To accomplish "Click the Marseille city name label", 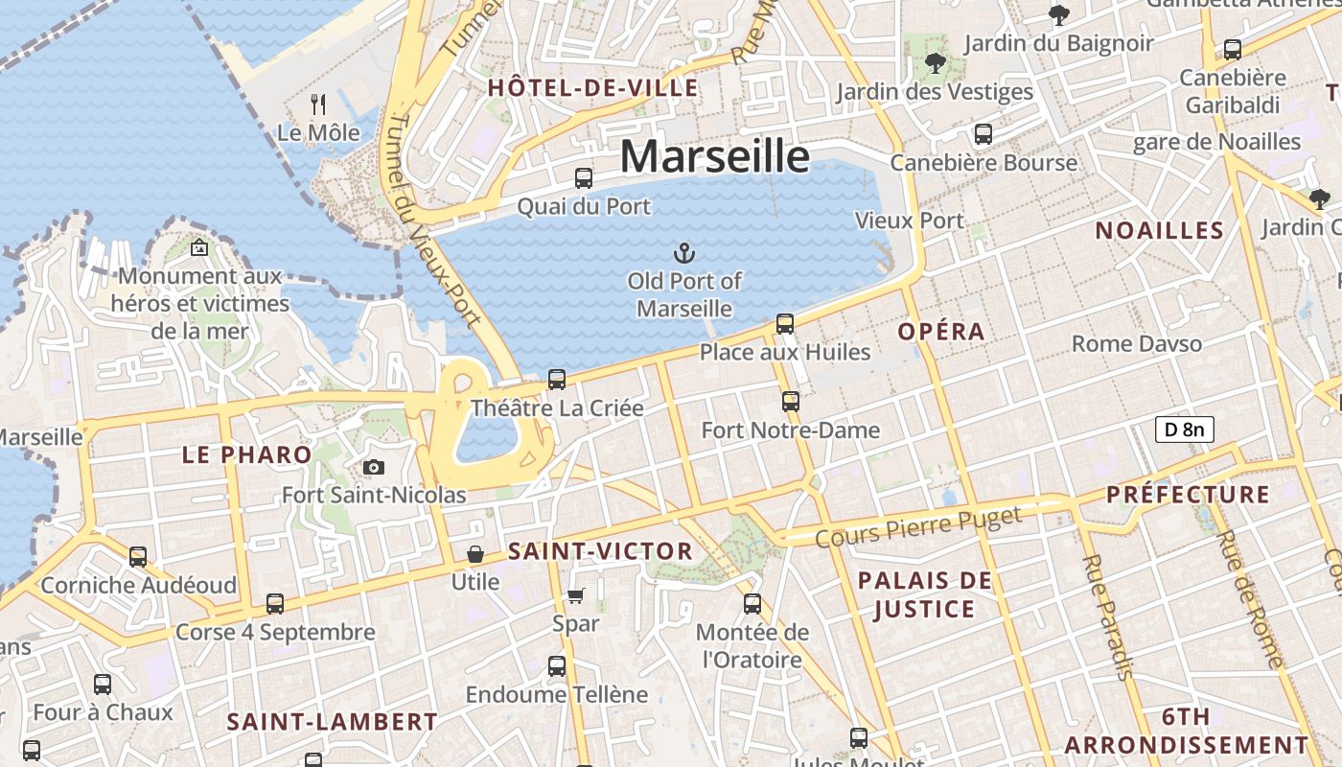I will [x=714, y=156].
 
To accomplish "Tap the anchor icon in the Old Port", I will [x=683, y=254].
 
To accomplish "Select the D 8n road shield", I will [x=1184, y=430].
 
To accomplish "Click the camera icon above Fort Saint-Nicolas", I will [x=374, y=467].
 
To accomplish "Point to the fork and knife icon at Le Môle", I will [x=318, y=104].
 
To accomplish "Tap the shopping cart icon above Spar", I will [x=575, y=596].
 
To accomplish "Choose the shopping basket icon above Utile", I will [x=474, y=554].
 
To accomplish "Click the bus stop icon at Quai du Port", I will [x=583, y=178].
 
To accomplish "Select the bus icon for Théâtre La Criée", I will [x=557, y=380].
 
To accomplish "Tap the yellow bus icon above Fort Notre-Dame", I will [x=790, y=402].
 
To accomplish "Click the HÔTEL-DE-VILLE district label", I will [x=593, y=88].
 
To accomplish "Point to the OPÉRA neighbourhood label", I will [x=941, y=332].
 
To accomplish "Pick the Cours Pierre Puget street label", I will [x=918, y=527].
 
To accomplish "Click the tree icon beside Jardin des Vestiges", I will [x=935, y=64].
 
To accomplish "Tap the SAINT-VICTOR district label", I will [x=600, y=551].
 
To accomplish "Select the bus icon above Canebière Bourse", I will [x=983, y=134].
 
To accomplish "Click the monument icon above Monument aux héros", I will [x=199, y=247].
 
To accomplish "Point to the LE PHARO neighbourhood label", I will [x=247, y=454].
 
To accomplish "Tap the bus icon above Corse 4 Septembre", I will [x=275, y=604].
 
